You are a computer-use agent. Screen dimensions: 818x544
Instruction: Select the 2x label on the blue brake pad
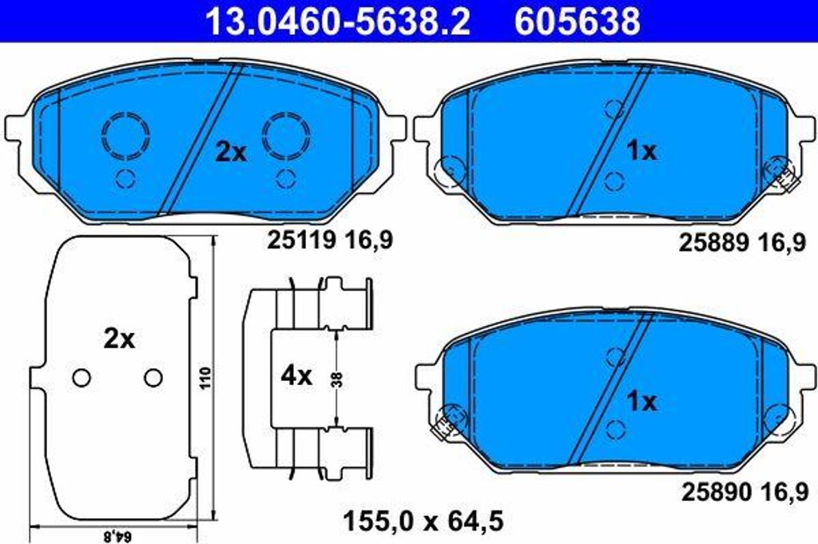232,153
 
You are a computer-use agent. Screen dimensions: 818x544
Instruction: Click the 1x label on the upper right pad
641,151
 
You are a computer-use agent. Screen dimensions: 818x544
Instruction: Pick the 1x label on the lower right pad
641,402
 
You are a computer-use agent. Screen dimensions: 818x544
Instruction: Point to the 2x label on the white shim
119,340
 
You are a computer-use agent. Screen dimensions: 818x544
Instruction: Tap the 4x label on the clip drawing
296,375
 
